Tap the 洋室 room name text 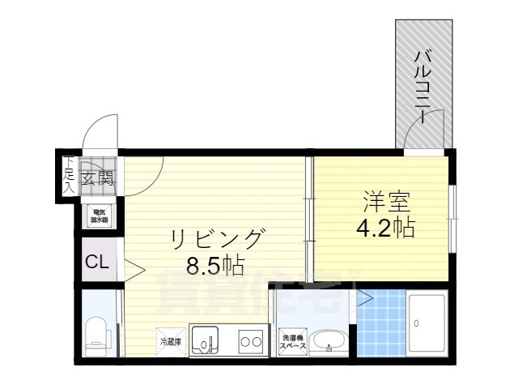pos(380,199)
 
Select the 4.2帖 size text pos(385,227)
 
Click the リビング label pos(216,238)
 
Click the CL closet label pos(98,263)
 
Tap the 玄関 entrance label pos(96,176)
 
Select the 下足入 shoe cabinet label pos(69,173)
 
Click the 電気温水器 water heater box pos(100,215)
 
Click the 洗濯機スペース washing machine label pos(292,341)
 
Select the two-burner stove pos(249,341)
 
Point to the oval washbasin pos(328,341)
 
